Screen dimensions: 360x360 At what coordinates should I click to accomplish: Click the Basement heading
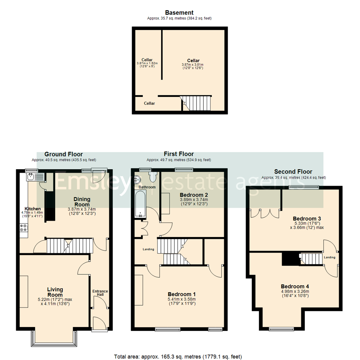point(179,13)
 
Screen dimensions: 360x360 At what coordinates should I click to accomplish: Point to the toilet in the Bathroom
point(153,177)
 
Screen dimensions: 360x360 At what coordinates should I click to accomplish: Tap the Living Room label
point(55,292)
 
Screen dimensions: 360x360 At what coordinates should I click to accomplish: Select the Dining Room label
point(82,202)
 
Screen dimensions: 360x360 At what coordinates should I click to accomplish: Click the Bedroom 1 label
point(181,294)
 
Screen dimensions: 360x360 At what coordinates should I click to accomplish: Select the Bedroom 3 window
point(304,187)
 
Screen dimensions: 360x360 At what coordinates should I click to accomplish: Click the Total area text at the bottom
point(178,356)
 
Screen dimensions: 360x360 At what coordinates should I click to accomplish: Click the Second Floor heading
point(293,172)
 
